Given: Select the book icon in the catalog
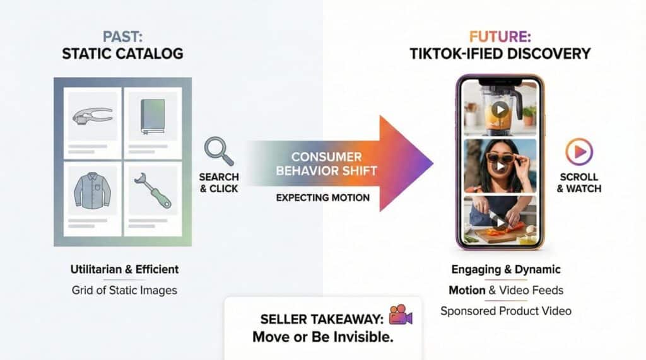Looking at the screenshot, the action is [153, 116].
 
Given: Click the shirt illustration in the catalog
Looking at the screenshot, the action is [93, 190].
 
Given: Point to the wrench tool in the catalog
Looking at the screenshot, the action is [153, 190].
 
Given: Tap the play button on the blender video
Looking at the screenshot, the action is [500, 110].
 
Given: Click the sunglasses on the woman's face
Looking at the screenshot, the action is [500, 158].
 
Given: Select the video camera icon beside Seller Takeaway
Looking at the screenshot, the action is [401, 315].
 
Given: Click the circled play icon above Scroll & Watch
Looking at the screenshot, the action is [579, 151].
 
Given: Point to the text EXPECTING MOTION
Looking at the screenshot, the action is [322, 198].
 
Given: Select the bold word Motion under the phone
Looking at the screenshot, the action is [467, 291].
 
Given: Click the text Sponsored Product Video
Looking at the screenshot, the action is [505, 311].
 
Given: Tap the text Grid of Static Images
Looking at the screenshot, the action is [124, 291].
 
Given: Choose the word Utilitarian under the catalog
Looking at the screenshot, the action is [96, 269].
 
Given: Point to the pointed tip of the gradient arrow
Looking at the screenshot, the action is [433, 163].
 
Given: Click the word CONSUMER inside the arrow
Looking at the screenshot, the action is [326, 157].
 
